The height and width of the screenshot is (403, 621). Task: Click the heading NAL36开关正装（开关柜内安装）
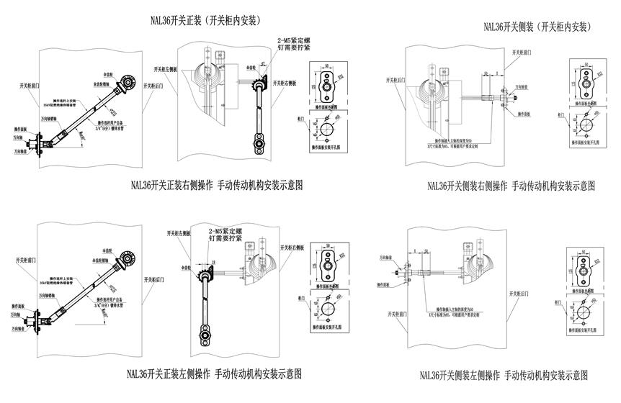pyautogui.click(x=205, y=21)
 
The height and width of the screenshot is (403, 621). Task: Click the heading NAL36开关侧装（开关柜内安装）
pyautogui.click(x=537, y=27)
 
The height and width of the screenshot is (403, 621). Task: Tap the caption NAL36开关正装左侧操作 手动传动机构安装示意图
pyautogui.click(x=213, y=373)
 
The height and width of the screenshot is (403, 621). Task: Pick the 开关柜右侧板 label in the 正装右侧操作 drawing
pyautogui.click(x=285, y=83)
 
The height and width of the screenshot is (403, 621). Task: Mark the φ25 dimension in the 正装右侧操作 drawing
pyautogui.click(x=112, y=111)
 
